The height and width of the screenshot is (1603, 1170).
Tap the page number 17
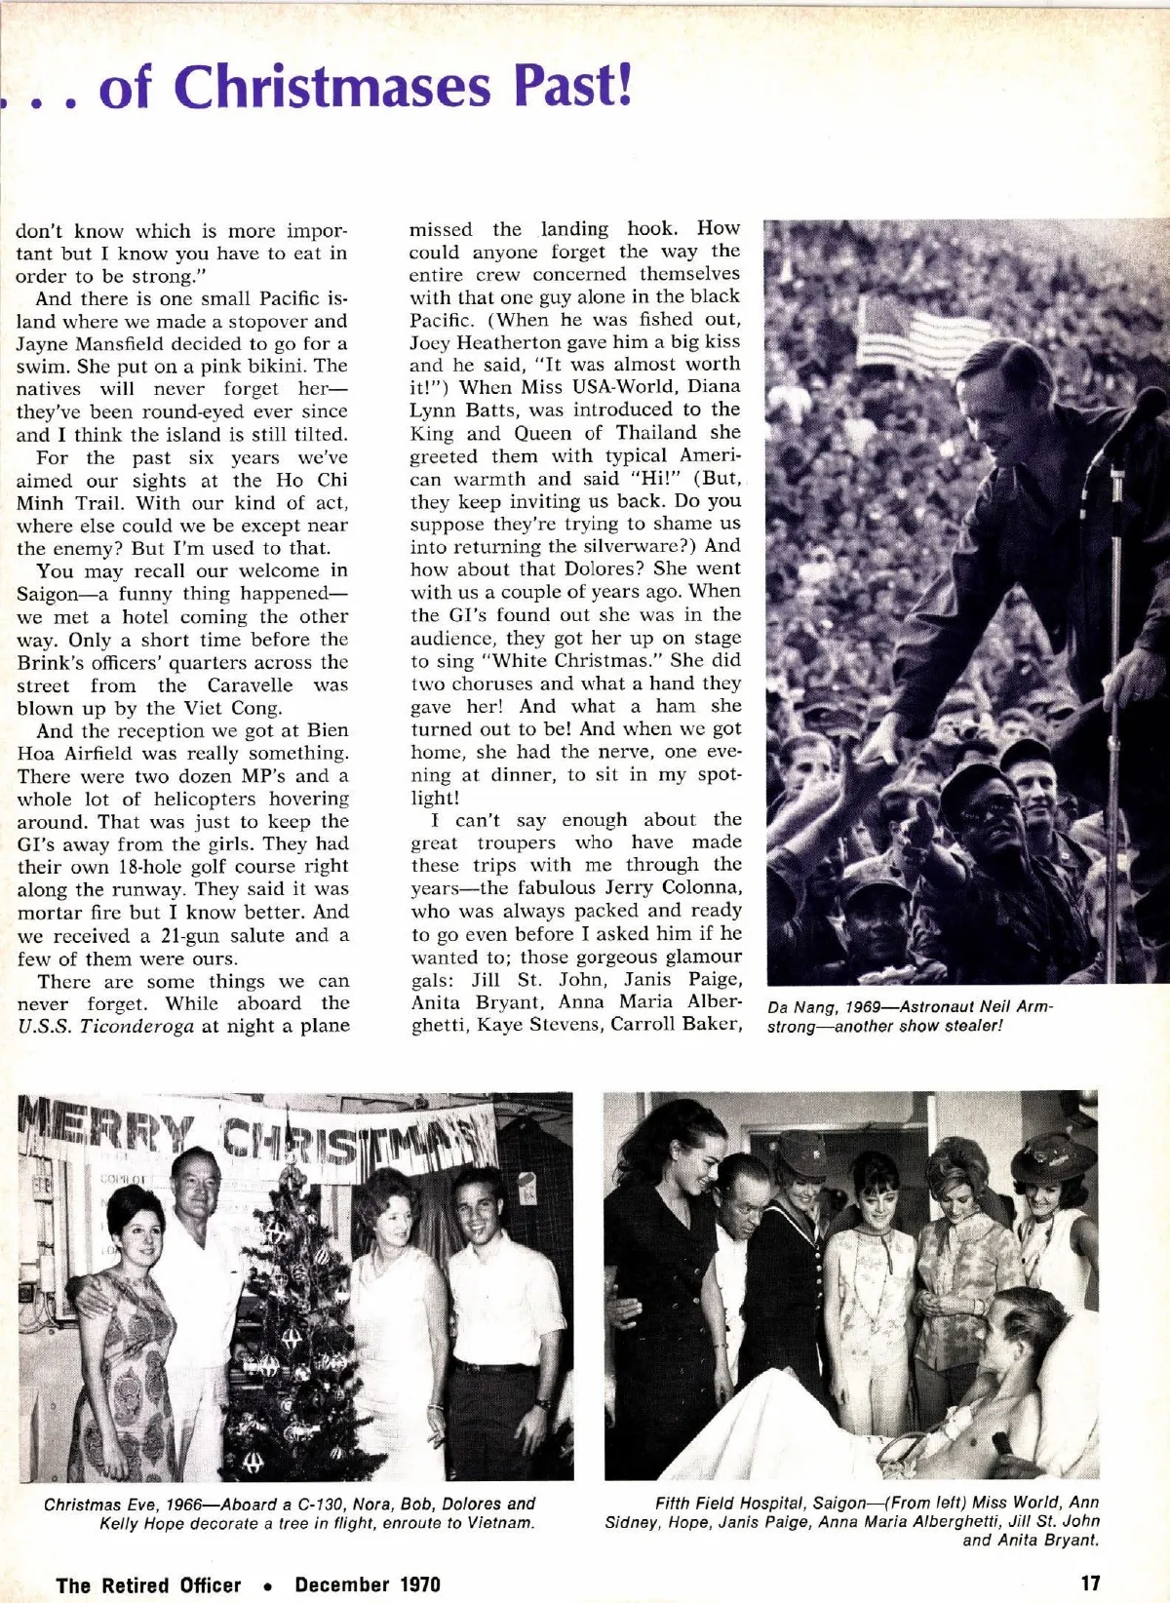(x=1089, y=1583)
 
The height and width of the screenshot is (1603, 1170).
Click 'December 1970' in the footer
(x=368, y=1584)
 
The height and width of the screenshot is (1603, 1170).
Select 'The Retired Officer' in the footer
(x=148, y=1584)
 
